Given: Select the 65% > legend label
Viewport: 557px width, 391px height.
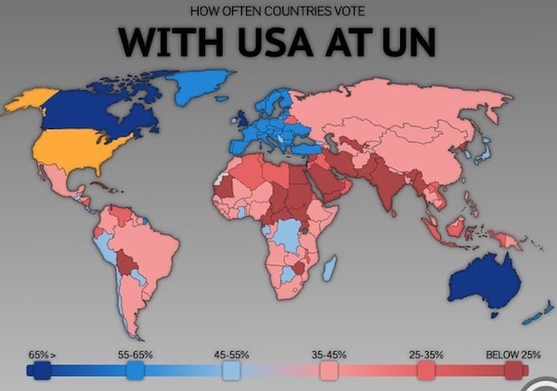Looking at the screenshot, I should click(42, 355).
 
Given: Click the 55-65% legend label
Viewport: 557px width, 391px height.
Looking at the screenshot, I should click(136, 355).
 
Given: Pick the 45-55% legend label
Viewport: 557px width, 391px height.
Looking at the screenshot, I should click(231, 355).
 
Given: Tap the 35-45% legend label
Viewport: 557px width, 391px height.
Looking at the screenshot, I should click(329, 355).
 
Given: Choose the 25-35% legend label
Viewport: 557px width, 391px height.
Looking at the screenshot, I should click(426, 355).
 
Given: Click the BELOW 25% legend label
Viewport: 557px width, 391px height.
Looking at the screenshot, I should click(512, 355).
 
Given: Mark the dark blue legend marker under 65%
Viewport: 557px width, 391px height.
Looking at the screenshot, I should click(39, 371).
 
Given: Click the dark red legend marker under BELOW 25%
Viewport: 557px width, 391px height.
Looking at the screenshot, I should click(512, 371).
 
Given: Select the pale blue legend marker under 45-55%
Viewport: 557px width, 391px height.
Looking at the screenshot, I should click(231, 371).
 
